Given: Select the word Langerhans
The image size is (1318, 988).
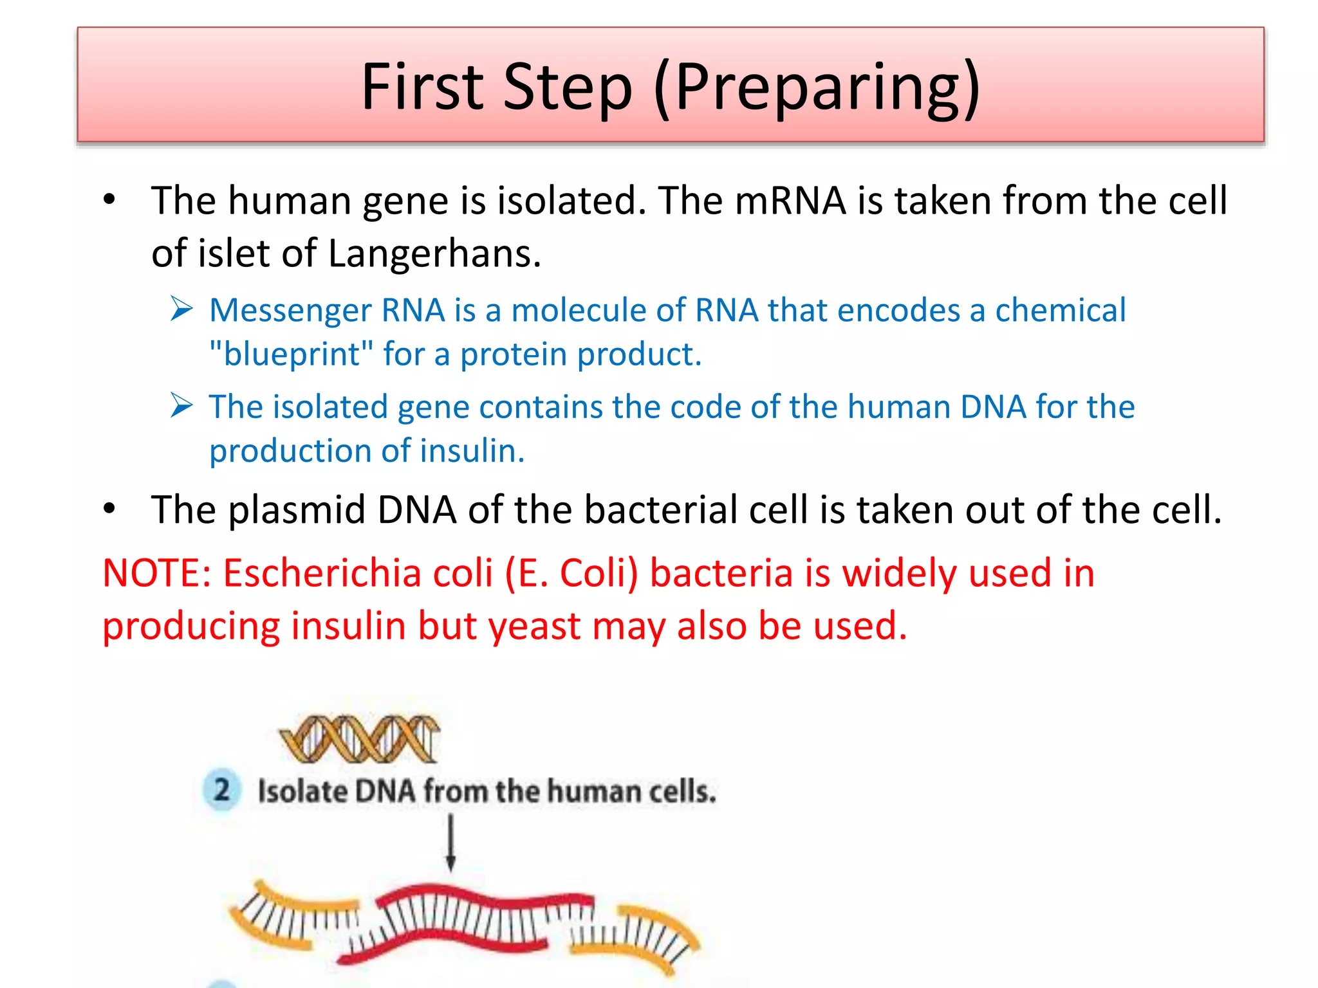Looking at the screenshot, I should tap(434, 253).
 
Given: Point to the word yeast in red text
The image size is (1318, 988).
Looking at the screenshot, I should tap(535, 625).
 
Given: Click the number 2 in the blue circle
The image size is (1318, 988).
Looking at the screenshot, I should tap(221, 790).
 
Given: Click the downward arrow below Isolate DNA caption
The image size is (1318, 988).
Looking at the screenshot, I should tap(450, 843).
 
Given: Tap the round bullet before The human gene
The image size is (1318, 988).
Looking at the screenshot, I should tap(109, 201).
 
